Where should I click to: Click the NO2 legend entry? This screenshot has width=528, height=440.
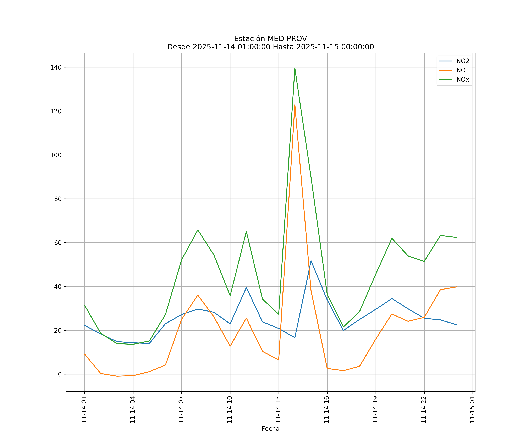463,61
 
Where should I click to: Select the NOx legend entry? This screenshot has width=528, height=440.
463,79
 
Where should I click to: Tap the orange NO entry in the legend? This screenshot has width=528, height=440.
461,70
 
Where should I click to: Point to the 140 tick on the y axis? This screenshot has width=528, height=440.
56,67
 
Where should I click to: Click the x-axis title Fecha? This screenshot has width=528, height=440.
270,429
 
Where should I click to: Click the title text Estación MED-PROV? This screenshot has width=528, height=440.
270,39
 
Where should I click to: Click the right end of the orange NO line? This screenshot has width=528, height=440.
457,287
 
